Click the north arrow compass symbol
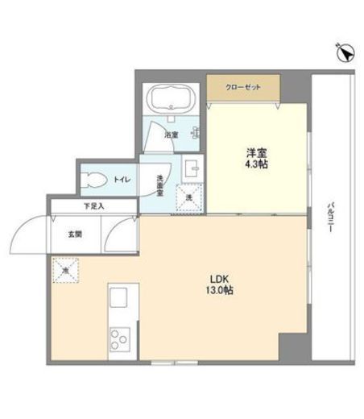(345, 52)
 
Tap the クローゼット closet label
(243, 87)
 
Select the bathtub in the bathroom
(171, 97)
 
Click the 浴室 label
(172, 135)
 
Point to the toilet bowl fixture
(93, 180)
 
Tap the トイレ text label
(122, 180)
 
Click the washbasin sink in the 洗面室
(192, 168)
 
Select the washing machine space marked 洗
(189, 197)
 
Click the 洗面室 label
(160, 185)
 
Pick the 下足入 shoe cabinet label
(93, 206)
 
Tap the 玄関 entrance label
(75, 234)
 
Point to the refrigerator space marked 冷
(65, 270)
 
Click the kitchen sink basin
(118, 297)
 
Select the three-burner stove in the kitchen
(120, 340)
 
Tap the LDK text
(219, 280)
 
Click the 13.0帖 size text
(220, 290)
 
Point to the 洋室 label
(256, 153)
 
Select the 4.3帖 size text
(256, 164)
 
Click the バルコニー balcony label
(330, 218)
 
